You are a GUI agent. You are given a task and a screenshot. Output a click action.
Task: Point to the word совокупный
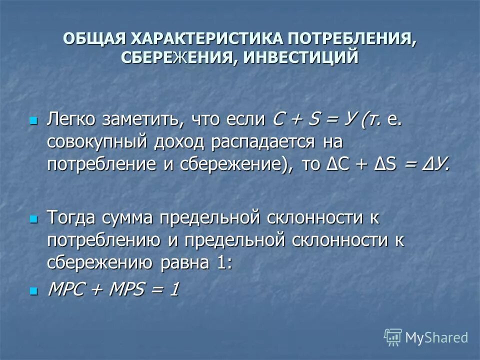click(x=98, y=142)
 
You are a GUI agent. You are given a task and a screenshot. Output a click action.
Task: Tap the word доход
click(x=181, y=142)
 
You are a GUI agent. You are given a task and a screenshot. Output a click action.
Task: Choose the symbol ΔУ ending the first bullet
click(x=435, y=164)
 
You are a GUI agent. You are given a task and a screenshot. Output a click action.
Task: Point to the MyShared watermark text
click(x=436, y=338)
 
